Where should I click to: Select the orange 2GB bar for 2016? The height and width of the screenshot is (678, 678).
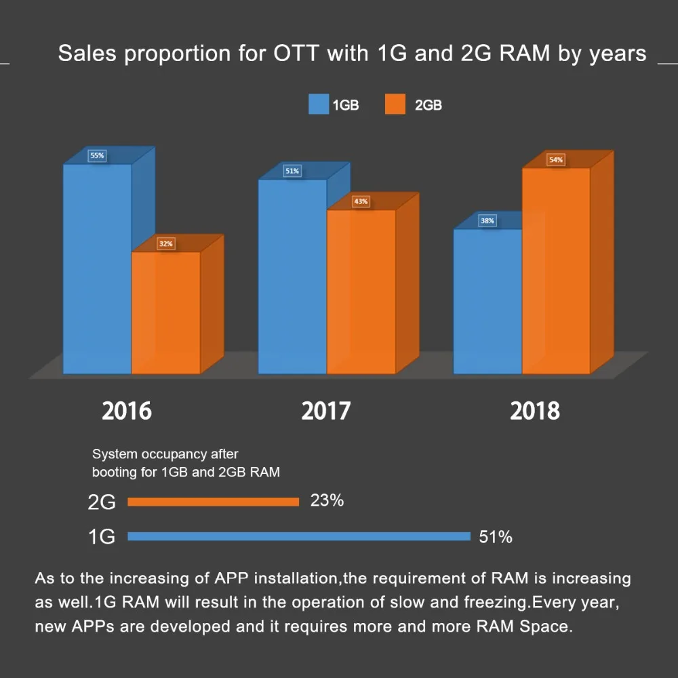166,312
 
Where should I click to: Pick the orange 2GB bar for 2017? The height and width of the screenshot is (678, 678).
361,292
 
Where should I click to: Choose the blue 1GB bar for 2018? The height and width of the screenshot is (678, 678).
487,301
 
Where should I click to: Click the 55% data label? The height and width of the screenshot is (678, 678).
97,156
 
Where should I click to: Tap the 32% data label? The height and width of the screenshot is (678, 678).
166,243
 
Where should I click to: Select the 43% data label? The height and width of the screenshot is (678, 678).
361,201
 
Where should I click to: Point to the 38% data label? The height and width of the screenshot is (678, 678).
487,220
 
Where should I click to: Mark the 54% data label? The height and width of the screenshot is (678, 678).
556,160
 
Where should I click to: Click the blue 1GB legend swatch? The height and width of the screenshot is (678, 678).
318,105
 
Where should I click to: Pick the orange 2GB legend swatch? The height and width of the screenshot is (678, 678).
395,105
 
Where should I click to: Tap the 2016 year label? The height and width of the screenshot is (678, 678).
127,411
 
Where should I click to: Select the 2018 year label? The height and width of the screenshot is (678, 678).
535,411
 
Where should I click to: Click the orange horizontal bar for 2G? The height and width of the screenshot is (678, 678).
213,502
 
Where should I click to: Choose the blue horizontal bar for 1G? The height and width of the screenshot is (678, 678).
298,536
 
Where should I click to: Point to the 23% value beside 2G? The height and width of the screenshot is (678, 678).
327,501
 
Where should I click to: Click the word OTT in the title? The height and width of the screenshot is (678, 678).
296,54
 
